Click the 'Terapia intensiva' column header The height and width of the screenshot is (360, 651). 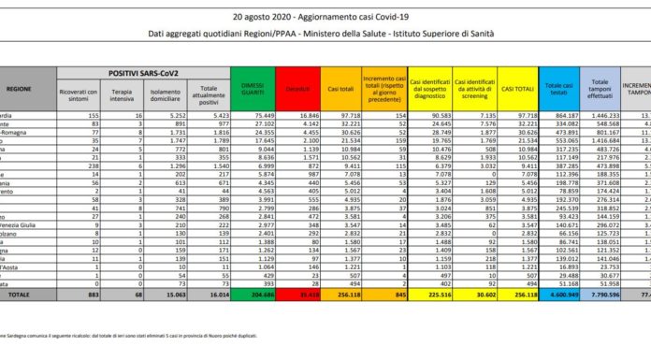tap(120, 90)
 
